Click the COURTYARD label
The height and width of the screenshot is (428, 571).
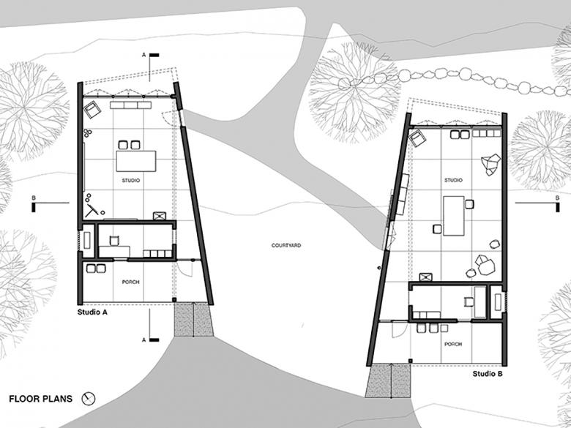point(285,245)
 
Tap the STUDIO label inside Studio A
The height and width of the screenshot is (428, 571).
point(131,180)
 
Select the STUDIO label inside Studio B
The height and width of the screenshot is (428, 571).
point(453,180)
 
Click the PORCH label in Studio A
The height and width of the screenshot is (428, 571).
point(131,282)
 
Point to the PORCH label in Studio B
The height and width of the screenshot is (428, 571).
point(453,344)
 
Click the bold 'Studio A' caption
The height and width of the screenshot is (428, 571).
point(92,312)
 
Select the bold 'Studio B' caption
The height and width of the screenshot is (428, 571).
point(488,374)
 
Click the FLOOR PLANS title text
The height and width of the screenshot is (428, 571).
point(41,399)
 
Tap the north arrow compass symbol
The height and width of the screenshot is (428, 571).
point(89,399)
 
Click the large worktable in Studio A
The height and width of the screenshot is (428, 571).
point(136,161)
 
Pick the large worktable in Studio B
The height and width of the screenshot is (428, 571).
point(454,216)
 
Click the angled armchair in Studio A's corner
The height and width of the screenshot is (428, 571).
point(92,110)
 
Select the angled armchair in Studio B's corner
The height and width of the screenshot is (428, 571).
point(417,139)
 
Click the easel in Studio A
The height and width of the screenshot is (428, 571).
point(92,210)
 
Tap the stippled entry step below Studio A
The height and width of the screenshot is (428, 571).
point(193,320)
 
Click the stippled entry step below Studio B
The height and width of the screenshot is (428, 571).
point(388,380)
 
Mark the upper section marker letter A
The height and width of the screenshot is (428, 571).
point(143,55)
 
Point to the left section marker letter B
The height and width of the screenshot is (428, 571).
point(34,198)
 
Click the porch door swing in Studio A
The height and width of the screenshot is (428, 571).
point(185,269)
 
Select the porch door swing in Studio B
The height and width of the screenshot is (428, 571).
point(400,330)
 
